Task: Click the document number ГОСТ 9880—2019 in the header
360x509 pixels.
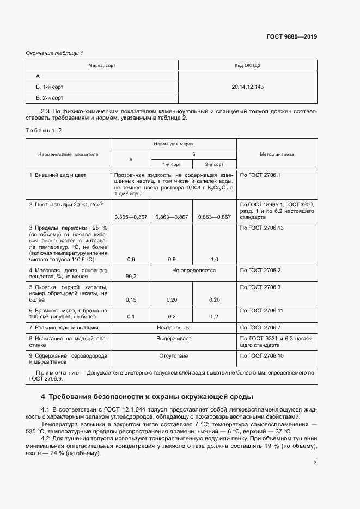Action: tap(291, 37)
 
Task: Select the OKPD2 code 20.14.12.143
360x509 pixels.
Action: tap(247, 87)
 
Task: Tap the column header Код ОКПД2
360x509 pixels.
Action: tap(247, 65)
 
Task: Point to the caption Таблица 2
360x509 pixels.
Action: tap(44, 130)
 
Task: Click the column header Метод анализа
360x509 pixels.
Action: tap(277, 154)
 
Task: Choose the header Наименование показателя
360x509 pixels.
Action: tap(68, 154)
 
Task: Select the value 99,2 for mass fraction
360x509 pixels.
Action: tap(131, 277)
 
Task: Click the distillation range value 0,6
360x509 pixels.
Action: tap(131, 260)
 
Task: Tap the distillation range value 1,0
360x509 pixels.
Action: tap(214, 260)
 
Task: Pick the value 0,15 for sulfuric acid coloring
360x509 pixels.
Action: tap(131, 300)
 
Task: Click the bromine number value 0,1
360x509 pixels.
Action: tap(131, 317)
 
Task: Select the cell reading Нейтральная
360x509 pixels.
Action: tap(173, 328)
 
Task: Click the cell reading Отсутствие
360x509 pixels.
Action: tap(173, 355)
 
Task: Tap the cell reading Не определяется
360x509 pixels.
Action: tap(193, 270)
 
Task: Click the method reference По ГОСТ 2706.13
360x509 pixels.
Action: tap(262, 228)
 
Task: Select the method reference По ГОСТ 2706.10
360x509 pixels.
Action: tap(262, 355)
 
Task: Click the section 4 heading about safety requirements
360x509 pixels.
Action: tap(147, 396)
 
